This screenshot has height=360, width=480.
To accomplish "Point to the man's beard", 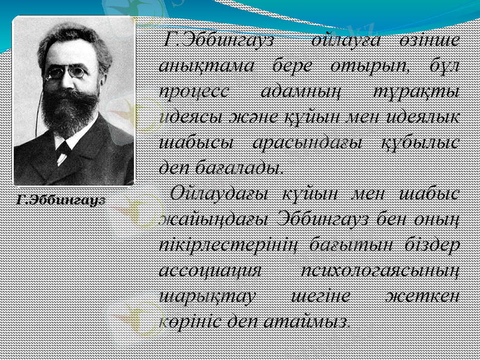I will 71,108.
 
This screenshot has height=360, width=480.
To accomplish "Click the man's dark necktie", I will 62,152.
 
